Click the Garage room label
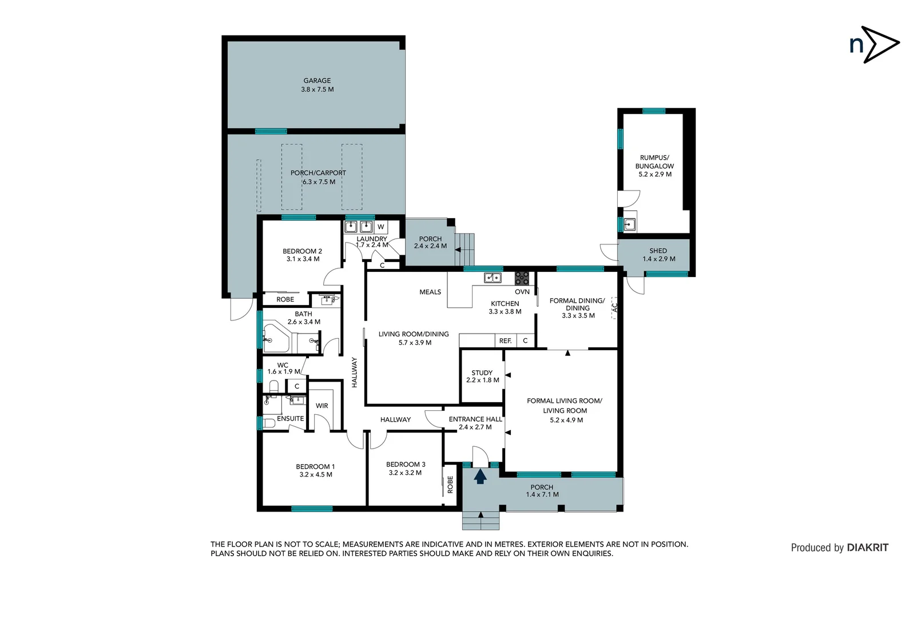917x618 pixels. [x=317, y=81]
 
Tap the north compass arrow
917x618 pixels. [x=880, y=44]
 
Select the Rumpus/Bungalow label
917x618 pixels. [x=654, y=162]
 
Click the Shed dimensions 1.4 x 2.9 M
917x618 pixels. [x=658, y=259]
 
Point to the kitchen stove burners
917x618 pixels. [x=522, y=278]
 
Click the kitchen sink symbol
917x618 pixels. [x=493, y=278]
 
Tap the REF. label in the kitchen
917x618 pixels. [x=505, y=341]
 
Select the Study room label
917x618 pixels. [x=482, y=373]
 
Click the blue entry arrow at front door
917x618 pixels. [x=480, y=476]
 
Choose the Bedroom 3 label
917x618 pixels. [x=405, y=465]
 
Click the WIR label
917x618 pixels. [x=322, y=406]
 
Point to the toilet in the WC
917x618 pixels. [x=273, y=387]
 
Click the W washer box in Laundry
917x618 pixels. [x=380, y=227]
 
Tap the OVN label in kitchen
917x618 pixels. [x=522, y=292]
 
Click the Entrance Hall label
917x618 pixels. [x=475, y=419]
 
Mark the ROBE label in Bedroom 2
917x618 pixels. [x=285, y=299]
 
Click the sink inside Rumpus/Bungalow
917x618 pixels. [x=629, y=224]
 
